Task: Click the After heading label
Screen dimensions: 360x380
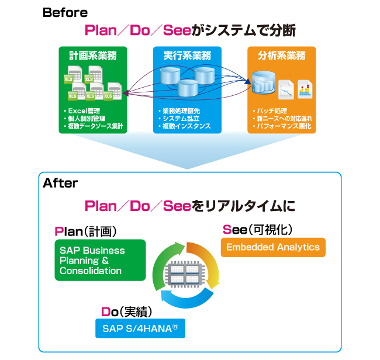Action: coord(60,183)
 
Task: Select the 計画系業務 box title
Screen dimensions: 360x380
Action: coord(92,56)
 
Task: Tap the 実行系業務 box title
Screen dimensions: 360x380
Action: coord(187,56)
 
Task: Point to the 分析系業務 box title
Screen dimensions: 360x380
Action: coord(282,56)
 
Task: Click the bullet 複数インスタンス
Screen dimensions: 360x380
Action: coord(184,126)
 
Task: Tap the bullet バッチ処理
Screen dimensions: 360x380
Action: coord(271,110)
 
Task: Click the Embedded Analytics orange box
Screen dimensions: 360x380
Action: coord(273,247)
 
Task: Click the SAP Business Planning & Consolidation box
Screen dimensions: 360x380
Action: coord(99,260)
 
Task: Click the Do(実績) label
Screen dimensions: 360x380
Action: coord(128,311)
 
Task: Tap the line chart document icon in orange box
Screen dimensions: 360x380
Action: coord(286,89)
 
